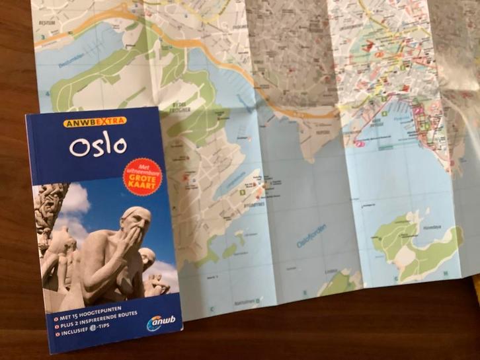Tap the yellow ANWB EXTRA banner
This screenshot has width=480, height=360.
pos(94,122)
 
